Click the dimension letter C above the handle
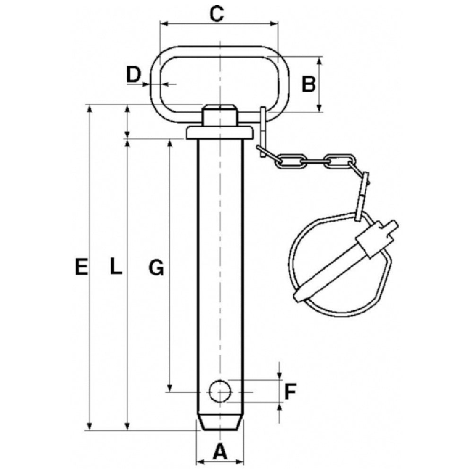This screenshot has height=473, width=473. pos(217,14)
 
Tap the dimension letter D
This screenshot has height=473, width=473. pos(133,75)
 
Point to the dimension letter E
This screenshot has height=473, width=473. pos(81,267)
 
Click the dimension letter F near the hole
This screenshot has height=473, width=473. pos(290,392)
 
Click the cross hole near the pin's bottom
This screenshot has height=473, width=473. pos(220,391)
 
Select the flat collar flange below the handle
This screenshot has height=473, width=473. pos(219,133)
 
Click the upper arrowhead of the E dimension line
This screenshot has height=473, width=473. pos(89,109)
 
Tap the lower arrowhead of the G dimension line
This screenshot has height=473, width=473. pos(170,388)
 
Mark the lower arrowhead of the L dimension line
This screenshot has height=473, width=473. pos(127,426)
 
